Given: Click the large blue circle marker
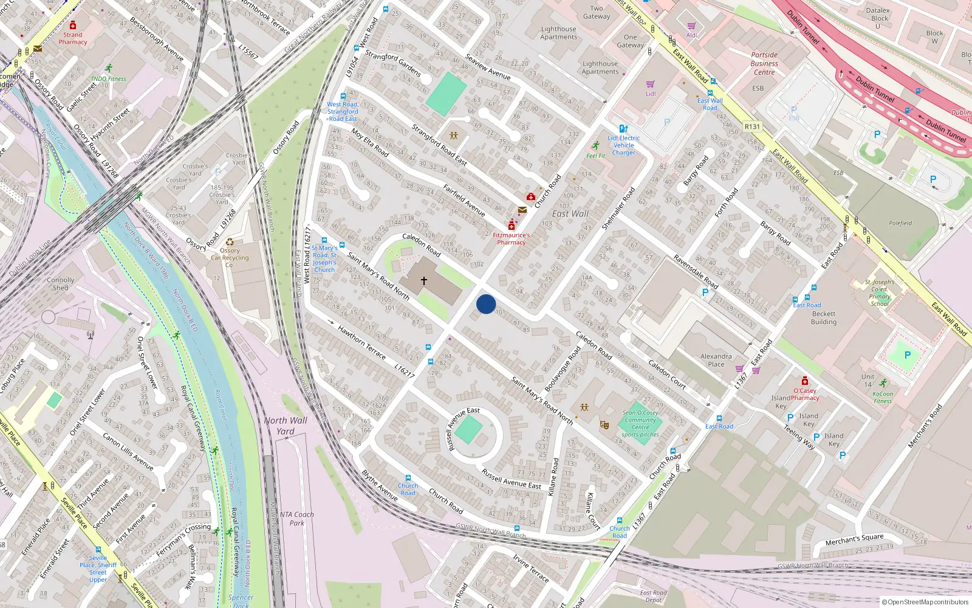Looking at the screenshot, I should [x=486, y=304].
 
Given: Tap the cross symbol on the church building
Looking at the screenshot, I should [x=423, y=281].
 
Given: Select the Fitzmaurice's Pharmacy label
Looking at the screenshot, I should [x=511, y=238].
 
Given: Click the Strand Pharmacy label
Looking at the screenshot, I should [x=72, y=38].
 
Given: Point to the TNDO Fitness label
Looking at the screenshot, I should [x=108, y=78].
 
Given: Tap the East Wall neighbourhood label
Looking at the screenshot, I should [x=570, y=213].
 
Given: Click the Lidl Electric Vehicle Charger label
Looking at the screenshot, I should [x=623, y=145].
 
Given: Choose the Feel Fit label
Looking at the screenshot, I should [x=595, y=156].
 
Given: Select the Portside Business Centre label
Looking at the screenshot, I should [x=764, y=63].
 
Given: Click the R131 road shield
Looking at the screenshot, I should [x=752, y=126].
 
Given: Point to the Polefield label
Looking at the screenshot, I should [x=900, y=223].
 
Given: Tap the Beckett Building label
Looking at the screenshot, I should [x=823, y=318].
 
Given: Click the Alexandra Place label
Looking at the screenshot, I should [x=716, y=360].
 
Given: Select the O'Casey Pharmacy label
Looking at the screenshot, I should [x=805, y=394].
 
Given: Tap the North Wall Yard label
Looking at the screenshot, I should [x=285, y=426].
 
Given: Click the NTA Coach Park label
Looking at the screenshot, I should [x=296, y=518].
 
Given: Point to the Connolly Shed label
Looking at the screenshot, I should [x=60, y=284].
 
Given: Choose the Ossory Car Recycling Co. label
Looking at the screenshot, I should [x=230, y=258].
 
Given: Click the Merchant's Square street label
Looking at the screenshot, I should [x=854, y=539].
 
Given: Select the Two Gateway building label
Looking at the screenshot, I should [x=597, y=12].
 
